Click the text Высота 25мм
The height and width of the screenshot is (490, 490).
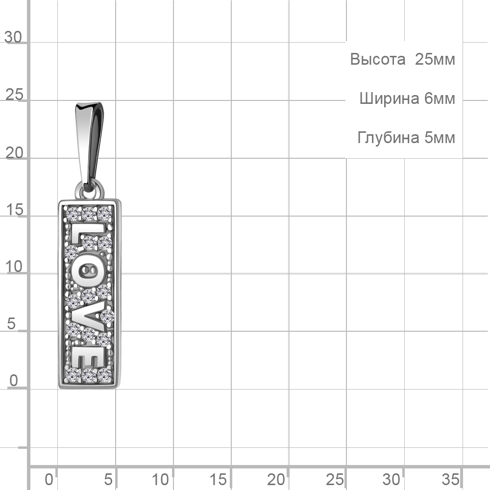pos(402,59)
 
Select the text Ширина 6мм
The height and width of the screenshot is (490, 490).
pos(407,98)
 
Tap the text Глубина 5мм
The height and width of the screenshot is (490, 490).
pos(406,138)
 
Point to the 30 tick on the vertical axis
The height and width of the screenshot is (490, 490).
pos(13,37)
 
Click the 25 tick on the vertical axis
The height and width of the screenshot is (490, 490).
pos(14,95)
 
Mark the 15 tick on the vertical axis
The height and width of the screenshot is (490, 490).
pos(14,210)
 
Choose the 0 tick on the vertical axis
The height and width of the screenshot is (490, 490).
pos(14,381)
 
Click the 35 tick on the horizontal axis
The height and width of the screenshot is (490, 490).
pos(450,479)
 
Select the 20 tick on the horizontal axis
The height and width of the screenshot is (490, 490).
pos(276,479)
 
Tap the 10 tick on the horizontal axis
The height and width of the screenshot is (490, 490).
pos(160,479)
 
